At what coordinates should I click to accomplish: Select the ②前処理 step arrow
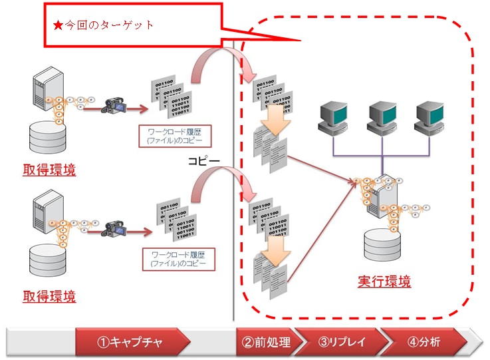coord(265,342)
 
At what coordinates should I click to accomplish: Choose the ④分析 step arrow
coord(424,342)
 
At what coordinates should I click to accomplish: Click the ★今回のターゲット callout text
coord(103,25)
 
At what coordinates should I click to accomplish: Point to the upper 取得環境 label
coord(49,170)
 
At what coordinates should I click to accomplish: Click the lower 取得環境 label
coord(49,295)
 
